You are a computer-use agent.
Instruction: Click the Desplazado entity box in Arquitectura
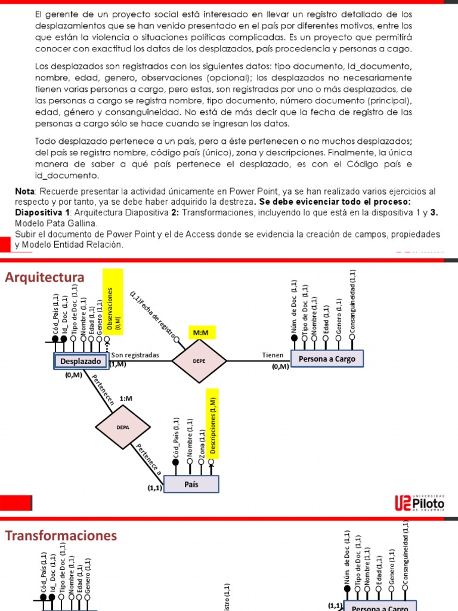pos(81,361)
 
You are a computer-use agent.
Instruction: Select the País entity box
pos(191,485)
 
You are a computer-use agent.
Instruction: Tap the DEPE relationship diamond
pos(199,361)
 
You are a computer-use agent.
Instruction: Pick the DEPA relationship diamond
pos(123,427)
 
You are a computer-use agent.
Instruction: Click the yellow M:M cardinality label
pos(200,332)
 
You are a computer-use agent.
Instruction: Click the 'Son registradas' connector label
pos(135,354)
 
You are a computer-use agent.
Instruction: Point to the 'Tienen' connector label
pos(273,354)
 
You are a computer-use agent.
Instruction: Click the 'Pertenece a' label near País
pos(148,459)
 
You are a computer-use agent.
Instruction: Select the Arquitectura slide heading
pos(45,277)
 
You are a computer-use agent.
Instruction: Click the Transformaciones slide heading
pos(61,535)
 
